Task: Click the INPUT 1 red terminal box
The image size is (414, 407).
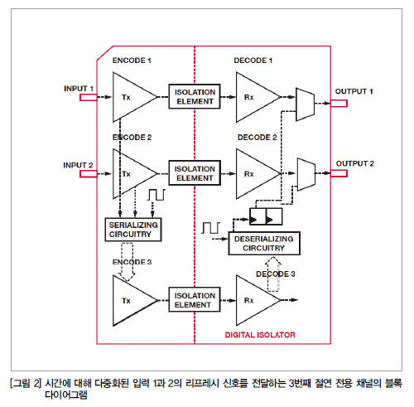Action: pos(89,97)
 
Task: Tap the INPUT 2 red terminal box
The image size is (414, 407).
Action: pos(89,174)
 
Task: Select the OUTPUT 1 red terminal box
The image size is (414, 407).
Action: pos(339,104)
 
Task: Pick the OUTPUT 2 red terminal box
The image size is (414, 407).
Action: pos(339,173)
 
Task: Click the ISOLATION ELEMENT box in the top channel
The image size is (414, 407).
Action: pos(195,96)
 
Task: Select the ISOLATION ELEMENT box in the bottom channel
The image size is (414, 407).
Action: pos(195,300)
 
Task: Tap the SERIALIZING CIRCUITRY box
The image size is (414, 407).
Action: pos(133,230)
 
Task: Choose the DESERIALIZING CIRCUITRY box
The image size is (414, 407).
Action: pos(264,244)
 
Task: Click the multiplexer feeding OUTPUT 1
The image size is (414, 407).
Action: pos(305,104)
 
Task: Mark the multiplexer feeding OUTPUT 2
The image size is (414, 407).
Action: pos(306,174)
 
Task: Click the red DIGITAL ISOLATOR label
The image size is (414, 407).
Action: pos(260,335)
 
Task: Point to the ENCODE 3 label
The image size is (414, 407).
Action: pos(132,262)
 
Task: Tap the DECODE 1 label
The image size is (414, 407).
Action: pos(253,61)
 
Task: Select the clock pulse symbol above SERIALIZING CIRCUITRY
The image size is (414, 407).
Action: pos(156,195)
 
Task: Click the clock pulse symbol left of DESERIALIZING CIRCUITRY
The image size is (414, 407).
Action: pos(211,228)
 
